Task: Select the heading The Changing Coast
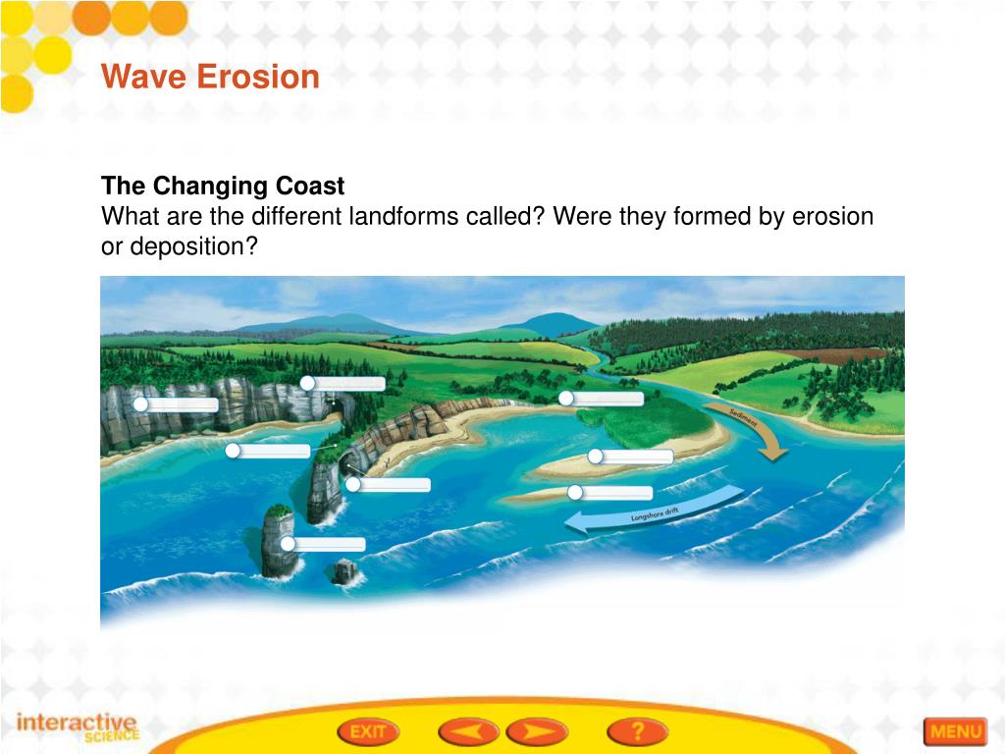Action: click(x=223, y=187)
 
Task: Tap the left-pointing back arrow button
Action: click(x=466, y=731)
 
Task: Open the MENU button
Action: click(x=954, y=731)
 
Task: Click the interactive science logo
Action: click(x=79, y=727)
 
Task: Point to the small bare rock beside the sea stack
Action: click(x=344, y=571)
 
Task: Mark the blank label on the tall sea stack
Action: click(x=328, y=544)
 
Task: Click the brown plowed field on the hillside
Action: click(x=824, y=355)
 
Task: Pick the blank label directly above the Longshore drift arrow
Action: click(x=613, y=493)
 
